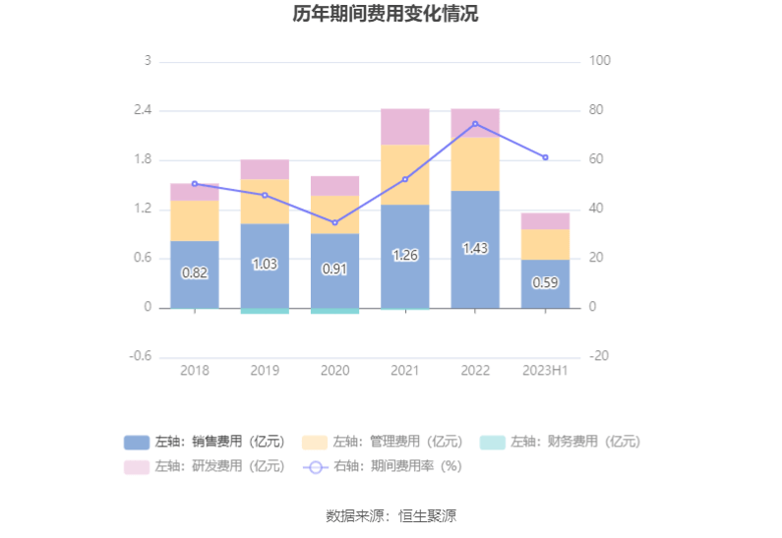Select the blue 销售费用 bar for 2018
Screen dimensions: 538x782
pos(194,274)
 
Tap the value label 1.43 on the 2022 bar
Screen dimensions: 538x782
pos(475,249)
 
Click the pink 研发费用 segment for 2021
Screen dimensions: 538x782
pos(405,127)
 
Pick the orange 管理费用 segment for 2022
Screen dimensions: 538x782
pos(475,163)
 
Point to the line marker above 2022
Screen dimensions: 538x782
pos(475,124)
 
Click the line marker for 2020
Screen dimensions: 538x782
pos(334,223)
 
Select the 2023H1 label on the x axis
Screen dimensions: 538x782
pos(545,370)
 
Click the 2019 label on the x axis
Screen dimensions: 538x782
pos(265,370)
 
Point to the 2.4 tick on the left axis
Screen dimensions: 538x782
pos(143,110)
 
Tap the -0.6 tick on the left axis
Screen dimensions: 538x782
pos(141,356)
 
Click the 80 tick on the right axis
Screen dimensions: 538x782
pos(600,110)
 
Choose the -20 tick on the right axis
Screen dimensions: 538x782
pos(600,356)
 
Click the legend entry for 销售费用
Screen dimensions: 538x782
pos(204,442)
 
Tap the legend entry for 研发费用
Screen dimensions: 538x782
pos(204,466)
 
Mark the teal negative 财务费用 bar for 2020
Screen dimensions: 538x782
pos(334,311)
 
